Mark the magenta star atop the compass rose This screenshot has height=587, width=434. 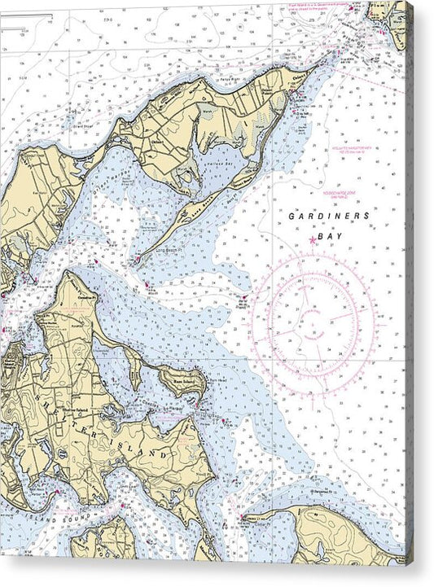click(314, 240)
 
